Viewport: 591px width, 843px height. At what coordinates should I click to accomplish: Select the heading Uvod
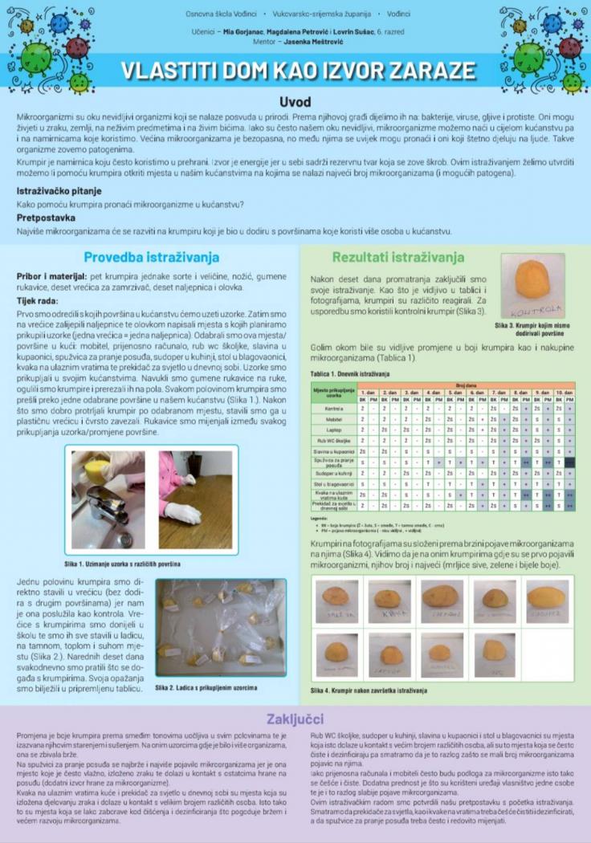coord(295,103)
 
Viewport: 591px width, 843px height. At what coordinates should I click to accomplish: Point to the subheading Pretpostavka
coord(47,218)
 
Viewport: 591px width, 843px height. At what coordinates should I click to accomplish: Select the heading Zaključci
coord(295,718)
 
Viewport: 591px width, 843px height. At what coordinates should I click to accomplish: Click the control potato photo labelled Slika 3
coord(533,286)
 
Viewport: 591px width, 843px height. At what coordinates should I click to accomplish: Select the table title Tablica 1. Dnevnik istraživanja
coord(350,375)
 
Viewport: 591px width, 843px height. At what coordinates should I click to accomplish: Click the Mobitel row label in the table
coord(335,419)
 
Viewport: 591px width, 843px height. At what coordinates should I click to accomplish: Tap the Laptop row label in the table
coord(335,430)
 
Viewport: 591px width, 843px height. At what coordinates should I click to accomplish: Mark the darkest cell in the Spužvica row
coord(569,462)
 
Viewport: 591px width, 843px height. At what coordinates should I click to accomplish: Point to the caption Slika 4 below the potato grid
coord(369,690)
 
